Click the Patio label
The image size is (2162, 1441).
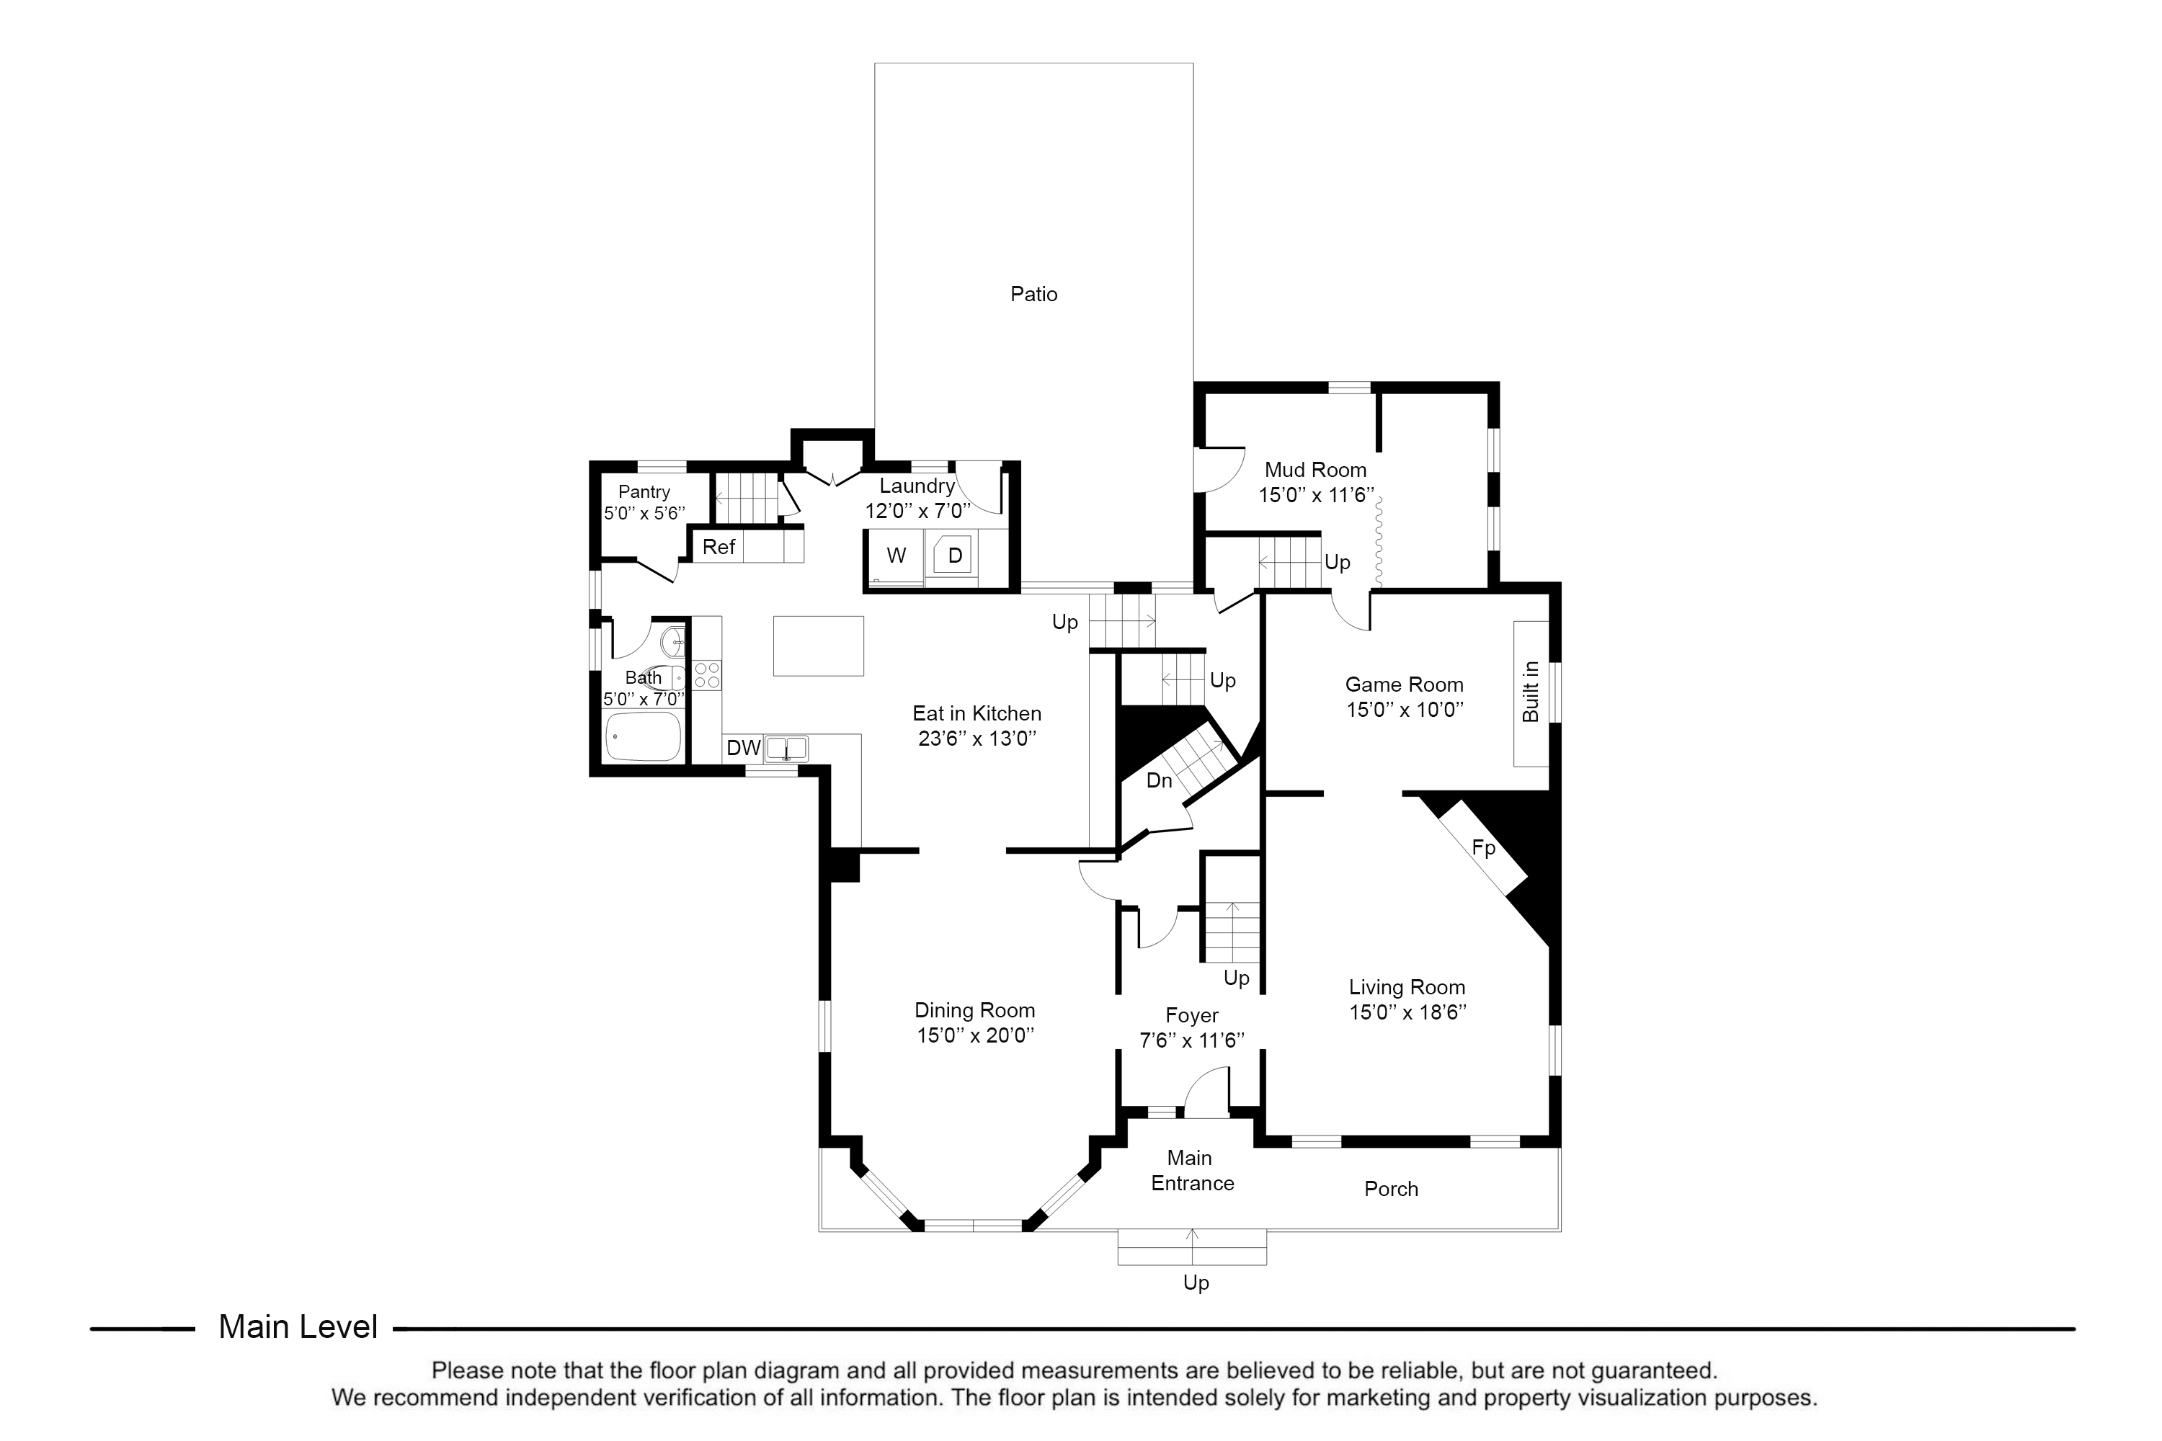(x=1033, y=294)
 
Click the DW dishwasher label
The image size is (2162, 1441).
(x=744, y=748)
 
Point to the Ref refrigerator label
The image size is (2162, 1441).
(x=719, y=547)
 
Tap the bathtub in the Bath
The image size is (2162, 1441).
(x=644, y=736)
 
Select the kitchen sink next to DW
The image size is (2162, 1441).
(x=787, y=748)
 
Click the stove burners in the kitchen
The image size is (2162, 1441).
(x=707, y=676)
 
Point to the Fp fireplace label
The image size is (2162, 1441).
(x=1484, y=847)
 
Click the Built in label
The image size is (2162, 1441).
(x=1531, y=692)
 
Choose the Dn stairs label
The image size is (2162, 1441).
(x=1159, y=780)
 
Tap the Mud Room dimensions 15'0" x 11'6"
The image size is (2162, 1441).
(x=1315, y=496)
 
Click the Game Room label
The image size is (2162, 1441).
(x=1405, y=684)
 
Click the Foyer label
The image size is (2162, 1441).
(x=1192, y=1015)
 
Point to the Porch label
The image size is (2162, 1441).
(x=1391, y=1190)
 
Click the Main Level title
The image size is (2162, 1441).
(x=298, y=1327)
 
